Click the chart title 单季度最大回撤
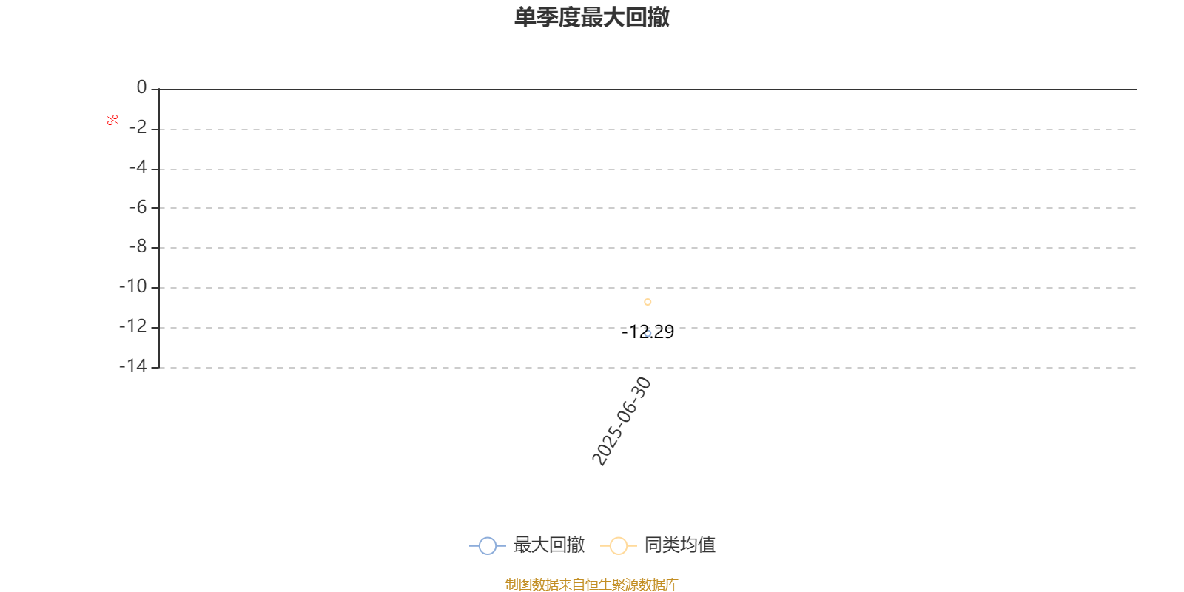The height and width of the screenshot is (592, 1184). click(592, 17)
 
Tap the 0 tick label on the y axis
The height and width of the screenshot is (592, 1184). click(141, 87)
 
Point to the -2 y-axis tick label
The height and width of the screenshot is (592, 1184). click(138, 127)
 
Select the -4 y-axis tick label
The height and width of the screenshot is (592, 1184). click(138, 167)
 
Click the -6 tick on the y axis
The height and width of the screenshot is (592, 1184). click(138, 207)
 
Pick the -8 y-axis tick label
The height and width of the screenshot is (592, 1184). click(138, 246)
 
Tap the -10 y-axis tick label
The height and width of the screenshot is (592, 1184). click(132, 286)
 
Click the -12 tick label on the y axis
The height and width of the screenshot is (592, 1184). click(132, 326)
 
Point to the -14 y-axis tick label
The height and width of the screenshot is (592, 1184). click(132, 366)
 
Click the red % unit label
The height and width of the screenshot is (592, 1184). click(112, 120)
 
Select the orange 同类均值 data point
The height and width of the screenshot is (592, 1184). click(647, 302)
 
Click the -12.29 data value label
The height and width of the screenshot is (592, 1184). click(647, 332)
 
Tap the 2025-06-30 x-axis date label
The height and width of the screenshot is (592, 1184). click(621, 421)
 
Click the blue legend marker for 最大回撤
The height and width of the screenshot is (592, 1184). click(488, 545)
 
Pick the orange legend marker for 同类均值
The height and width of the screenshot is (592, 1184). click(618, 545)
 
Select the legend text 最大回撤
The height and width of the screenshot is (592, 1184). click(549, 545)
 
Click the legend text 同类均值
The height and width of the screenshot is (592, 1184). click(680, 545)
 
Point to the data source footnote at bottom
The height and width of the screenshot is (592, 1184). click(591, 584)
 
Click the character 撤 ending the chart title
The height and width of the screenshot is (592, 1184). click(659, 17)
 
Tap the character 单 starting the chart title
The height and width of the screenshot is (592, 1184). click(525, 17)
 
